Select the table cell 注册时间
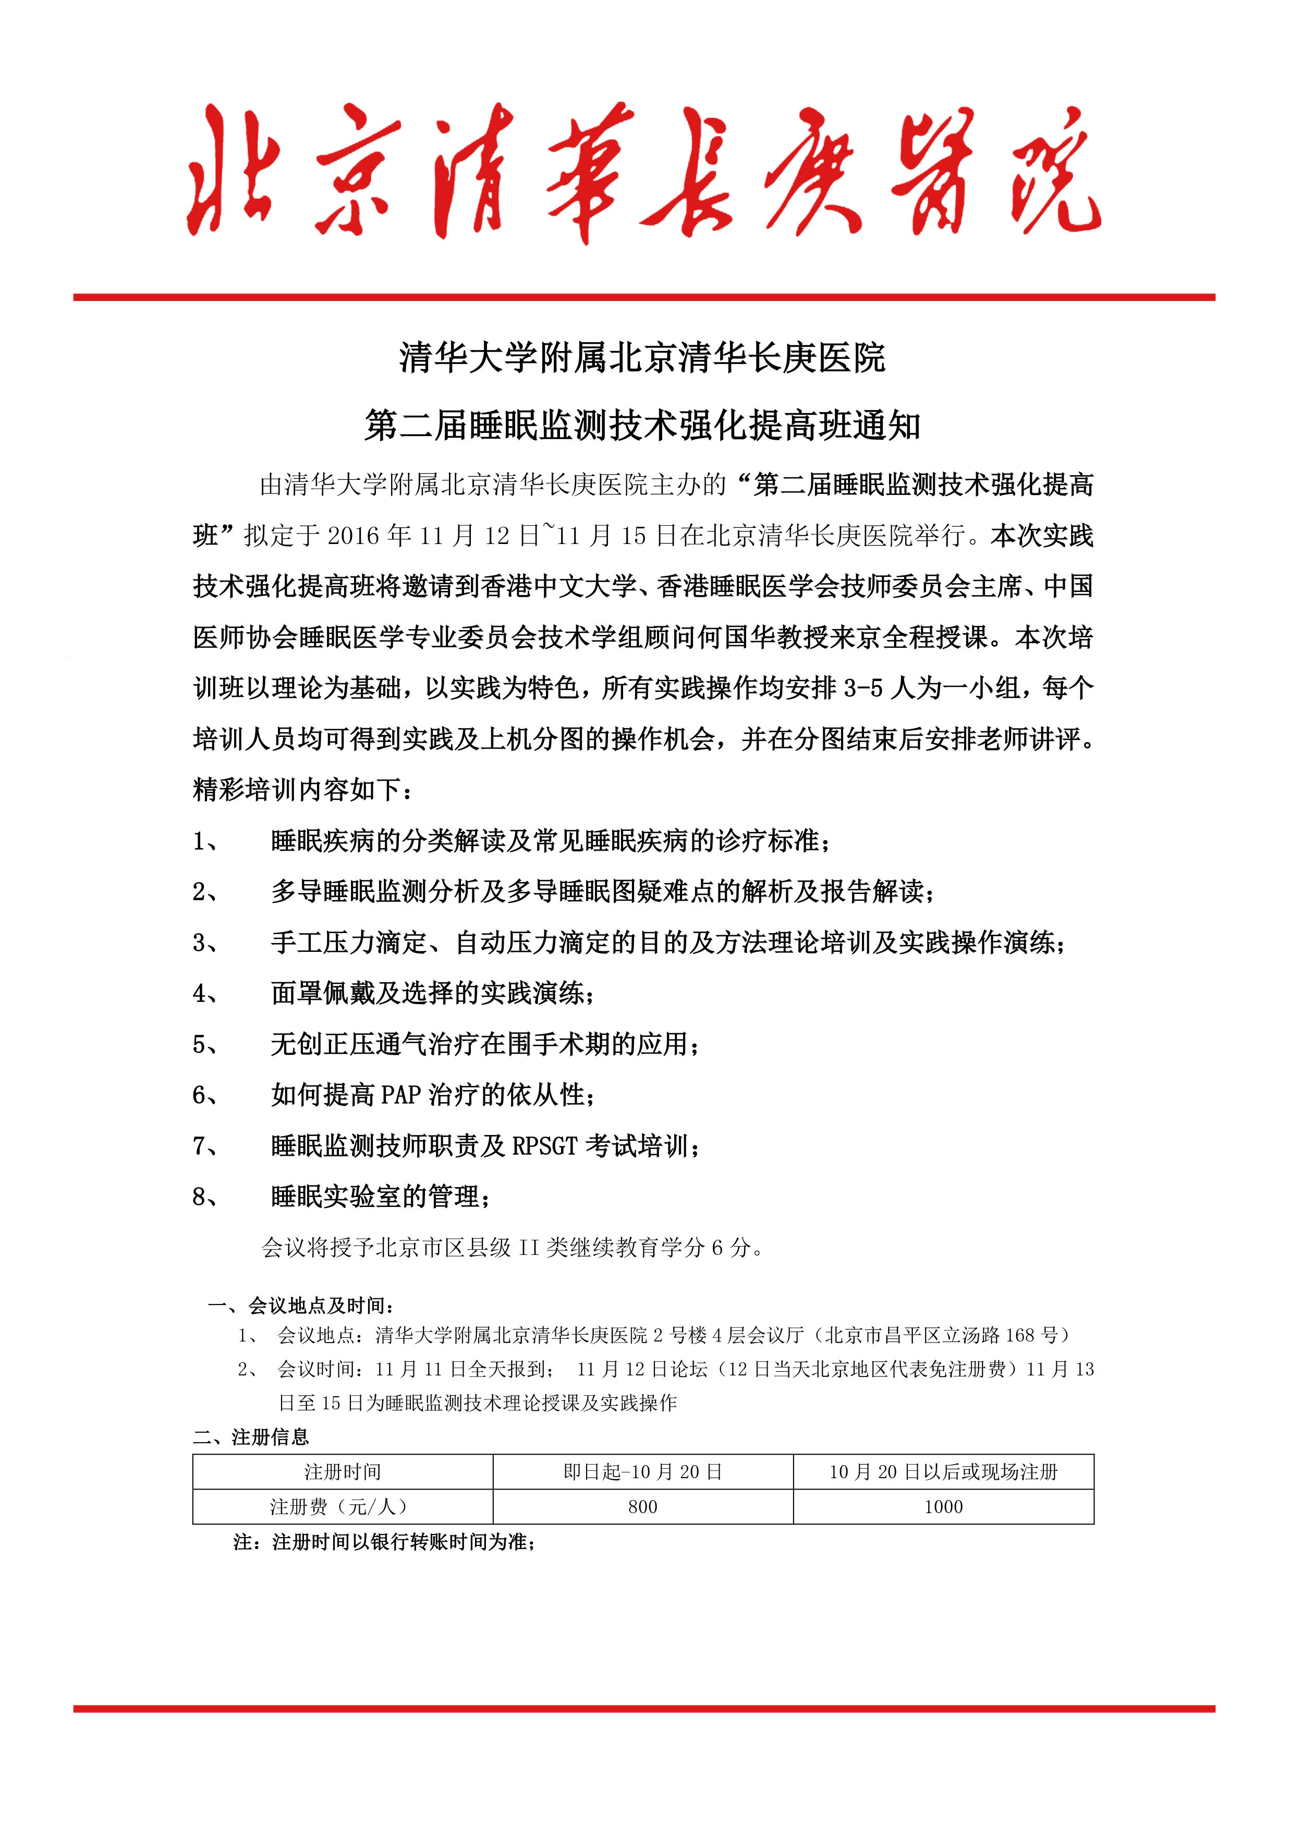(x=343, y=1471)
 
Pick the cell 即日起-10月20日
(x=642, y=1471)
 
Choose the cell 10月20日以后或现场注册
(x=943, y=1471)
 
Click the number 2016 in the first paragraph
(x=354, y=536)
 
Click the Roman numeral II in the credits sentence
(x=529, y=1247)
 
